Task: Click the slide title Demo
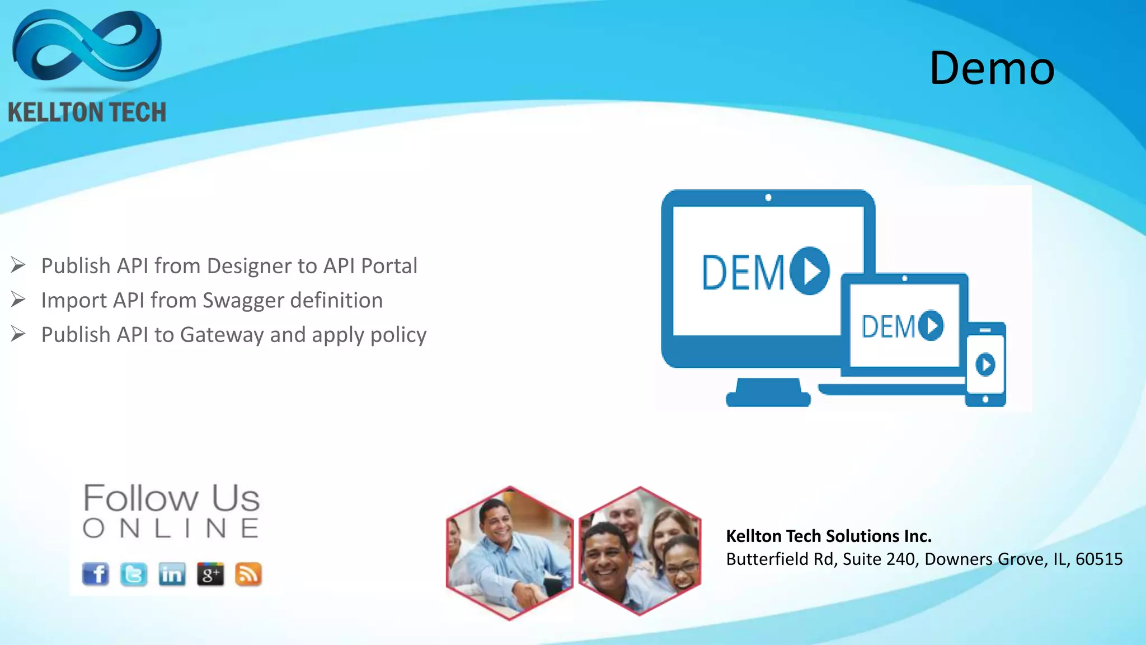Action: [992, 68]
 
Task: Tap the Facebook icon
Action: [96, 574]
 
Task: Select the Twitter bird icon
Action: [134, 574]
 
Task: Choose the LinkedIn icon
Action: [172, 574]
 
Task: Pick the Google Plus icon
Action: [210, 574]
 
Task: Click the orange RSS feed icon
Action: [248, 574]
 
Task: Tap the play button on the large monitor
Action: [810, 271]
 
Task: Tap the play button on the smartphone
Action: [985, 365]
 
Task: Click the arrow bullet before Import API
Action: [18, 300]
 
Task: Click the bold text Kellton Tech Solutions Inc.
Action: [829, 536]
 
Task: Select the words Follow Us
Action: [171, 498]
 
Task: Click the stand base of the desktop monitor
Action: [768, 398]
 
